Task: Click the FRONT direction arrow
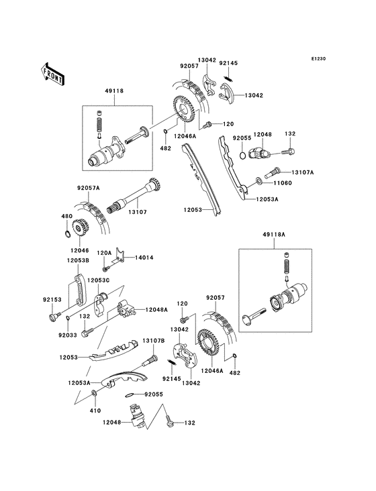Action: (53, 72)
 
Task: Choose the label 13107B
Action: (153, 341)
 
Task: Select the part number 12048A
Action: (157, 309)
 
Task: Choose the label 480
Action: (66, 217)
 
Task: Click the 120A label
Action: (104, 252)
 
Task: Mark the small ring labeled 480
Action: (66, 235)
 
